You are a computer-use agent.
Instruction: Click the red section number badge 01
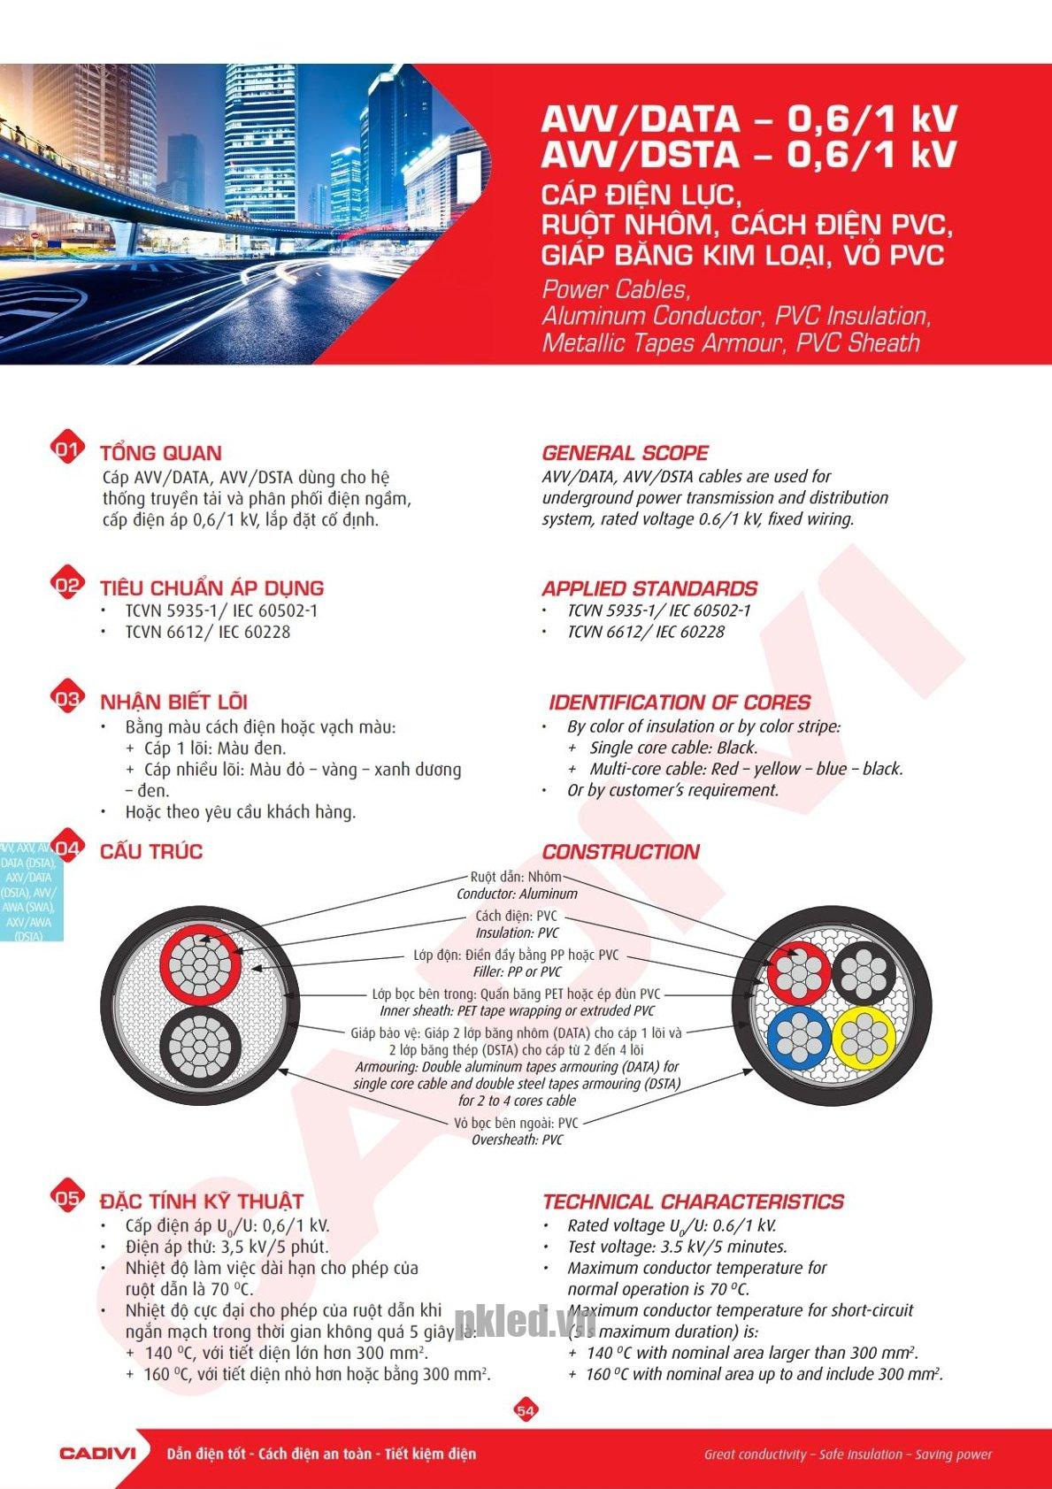[67, 449]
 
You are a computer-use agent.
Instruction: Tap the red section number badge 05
[67, 1198]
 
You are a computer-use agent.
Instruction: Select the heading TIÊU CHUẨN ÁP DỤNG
[211, 587]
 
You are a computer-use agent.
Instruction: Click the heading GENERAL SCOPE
[625, 453]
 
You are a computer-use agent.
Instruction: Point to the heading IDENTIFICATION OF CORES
[679, 702]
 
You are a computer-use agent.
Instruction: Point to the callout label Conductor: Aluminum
[517, 894]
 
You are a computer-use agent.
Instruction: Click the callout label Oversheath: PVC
[517, 1140]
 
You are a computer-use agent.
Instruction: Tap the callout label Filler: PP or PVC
[517, 971]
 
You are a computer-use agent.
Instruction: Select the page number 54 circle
[526, 1410]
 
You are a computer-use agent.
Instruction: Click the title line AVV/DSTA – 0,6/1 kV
[749, 155]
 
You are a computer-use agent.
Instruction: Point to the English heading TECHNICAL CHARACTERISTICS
[693, 1201]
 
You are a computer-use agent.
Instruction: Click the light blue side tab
[29, 892]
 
